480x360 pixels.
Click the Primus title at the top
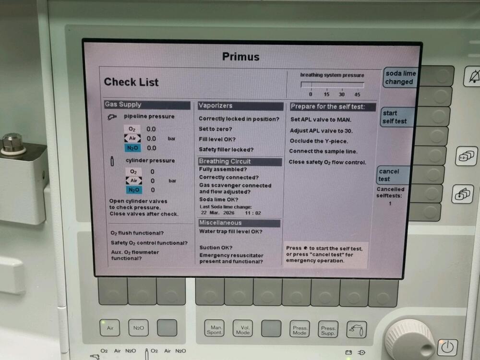pyautogui.click(x=240, y=57)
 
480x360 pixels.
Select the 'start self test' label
pyautogui.click(x=395, y=117)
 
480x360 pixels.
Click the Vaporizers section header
pyautogui.click(x=240, y=106)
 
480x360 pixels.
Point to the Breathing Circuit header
pyautogui.click(x=240, y=161)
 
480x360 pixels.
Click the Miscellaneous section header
pyautogui.click(x=239, y=223)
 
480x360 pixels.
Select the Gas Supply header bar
pyautogui.click(x=147, y=105)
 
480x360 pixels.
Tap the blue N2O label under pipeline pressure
pyautogui.click(x=132, y=148)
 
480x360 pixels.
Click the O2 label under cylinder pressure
pyautogui.click(x=133, y=172)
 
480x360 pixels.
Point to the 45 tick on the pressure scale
pyautogui.click(x=357, y=95)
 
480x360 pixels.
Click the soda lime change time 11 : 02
pyautogui.click(x=253, y=213)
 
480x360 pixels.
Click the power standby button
pyautogui.click(x=447, y=348)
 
